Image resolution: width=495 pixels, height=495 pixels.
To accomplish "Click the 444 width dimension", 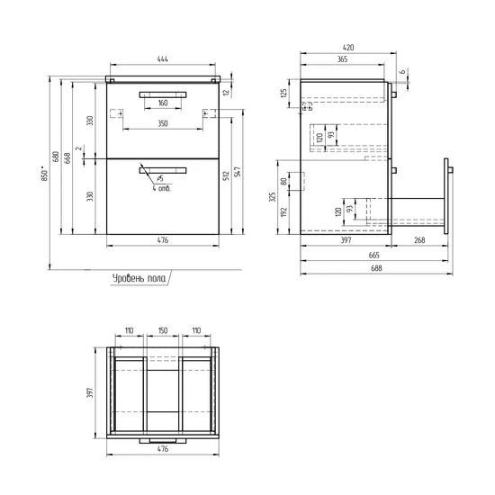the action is tap(163, 59).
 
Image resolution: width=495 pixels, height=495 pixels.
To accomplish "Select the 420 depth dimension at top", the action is tap(348, 48).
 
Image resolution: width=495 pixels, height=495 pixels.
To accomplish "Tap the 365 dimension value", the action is tap(343, 59).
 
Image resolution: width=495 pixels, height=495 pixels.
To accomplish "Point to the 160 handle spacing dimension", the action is tap(163, 103).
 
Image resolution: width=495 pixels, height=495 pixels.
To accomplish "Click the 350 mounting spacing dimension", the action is tap(163, 123).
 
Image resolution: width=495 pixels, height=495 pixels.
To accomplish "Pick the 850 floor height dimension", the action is tap(45, 174).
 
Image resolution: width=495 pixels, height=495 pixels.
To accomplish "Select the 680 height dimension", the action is tap(56, 157).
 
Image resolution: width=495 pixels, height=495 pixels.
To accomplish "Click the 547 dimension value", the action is tap(238, 171).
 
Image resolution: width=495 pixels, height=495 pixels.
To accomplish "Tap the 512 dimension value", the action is tap(226, 176).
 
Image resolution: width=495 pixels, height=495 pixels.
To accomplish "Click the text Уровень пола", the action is tap(139, 278).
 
